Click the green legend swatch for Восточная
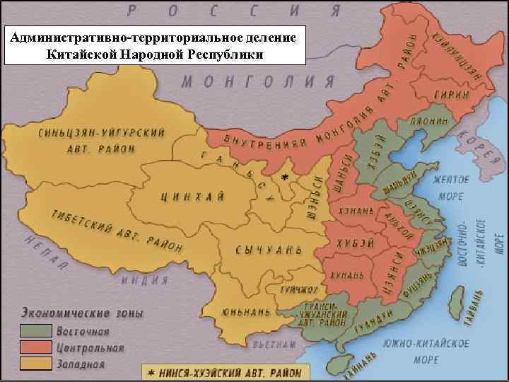pyautogui.click(x=35, y=330)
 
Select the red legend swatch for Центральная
pyautogui.click(x=35, y=347)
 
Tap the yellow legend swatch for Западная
pyautogui.click(x=35, y=364)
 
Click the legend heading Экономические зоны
pyautogui.click(x=81, y=313)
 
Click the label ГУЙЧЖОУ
pyautogui.click(x=297, y=289)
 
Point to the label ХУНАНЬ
pyautogui.click(x=346, y=274)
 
